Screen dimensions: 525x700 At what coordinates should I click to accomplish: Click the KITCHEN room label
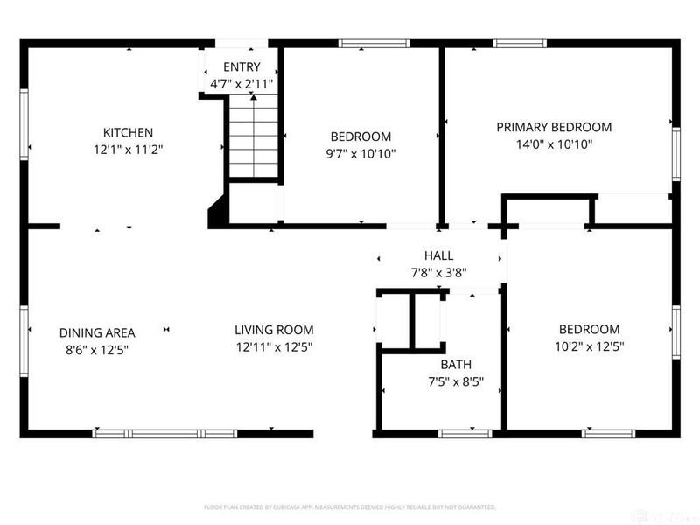[128, 132]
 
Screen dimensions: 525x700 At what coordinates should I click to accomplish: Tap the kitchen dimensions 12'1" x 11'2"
[128, 149]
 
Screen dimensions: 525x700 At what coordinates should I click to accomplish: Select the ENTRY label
[241, 67]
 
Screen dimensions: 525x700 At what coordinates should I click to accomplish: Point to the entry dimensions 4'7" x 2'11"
[241, 84]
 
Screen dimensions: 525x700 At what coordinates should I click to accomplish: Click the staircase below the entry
[254, 137]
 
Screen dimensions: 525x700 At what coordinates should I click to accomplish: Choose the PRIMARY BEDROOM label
[554, 127]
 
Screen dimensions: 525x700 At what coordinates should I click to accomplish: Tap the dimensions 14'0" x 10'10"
[554, 144]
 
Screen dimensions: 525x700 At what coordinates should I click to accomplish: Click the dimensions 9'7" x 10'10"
[360, 154]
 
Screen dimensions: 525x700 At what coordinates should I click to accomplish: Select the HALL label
[438, 255]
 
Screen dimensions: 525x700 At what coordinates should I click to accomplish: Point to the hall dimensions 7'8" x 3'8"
[438, 272]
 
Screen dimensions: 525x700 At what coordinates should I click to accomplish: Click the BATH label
[455, 365]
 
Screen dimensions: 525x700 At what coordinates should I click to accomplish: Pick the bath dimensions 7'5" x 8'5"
[455, 381]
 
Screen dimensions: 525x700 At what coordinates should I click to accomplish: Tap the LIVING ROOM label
[274, 330]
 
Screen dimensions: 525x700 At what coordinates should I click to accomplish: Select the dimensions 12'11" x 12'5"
[274, 346]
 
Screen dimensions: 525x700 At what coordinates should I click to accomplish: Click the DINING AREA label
[97, 332]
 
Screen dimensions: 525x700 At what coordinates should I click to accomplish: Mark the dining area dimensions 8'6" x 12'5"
[97, 349]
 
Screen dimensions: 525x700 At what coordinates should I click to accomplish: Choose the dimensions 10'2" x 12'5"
[590, 346]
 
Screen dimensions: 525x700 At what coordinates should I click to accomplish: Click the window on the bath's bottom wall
[465, 433]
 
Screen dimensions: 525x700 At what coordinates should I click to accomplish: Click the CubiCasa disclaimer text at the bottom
[350, 507]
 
